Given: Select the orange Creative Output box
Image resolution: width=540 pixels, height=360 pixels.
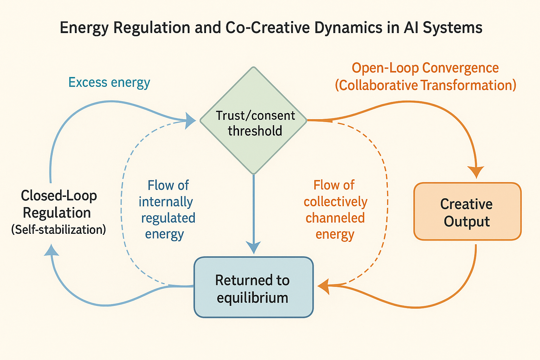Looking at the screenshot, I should (x=467, y=212).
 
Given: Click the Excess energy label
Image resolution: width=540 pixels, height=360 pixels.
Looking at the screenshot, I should (x=109, y=82).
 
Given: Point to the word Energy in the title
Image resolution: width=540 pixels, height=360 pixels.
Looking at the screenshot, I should (x=83, y=28).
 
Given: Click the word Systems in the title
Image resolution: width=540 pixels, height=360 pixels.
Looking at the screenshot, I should (x=452, y=28).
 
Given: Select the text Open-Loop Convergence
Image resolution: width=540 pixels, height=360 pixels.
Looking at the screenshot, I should (x=425, y=68).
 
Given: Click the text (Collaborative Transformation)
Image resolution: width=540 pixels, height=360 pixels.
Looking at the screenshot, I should (x=425, y=85).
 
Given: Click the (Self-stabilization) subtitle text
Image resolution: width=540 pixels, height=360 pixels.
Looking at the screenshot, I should (x=58, y=230).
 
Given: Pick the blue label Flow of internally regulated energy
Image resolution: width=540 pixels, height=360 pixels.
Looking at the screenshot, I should (x=167, y=210).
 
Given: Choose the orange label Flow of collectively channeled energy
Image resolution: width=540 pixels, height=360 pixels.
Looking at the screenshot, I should (x=335, y=210).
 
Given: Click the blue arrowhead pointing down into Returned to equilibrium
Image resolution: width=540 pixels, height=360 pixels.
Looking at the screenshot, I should (x=253, y=247).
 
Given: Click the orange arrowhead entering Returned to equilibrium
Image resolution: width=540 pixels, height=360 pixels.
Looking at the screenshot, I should (x=323, y=286).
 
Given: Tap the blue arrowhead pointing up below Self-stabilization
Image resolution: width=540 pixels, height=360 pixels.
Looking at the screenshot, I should (x=52, y=250).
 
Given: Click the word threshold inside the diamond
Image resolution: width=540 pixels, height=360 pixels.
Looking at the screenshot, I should (x=255, y=131).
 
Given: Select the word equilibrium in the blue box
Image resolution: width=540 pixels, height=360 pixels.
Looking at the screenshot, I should (x=252, y=298).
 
